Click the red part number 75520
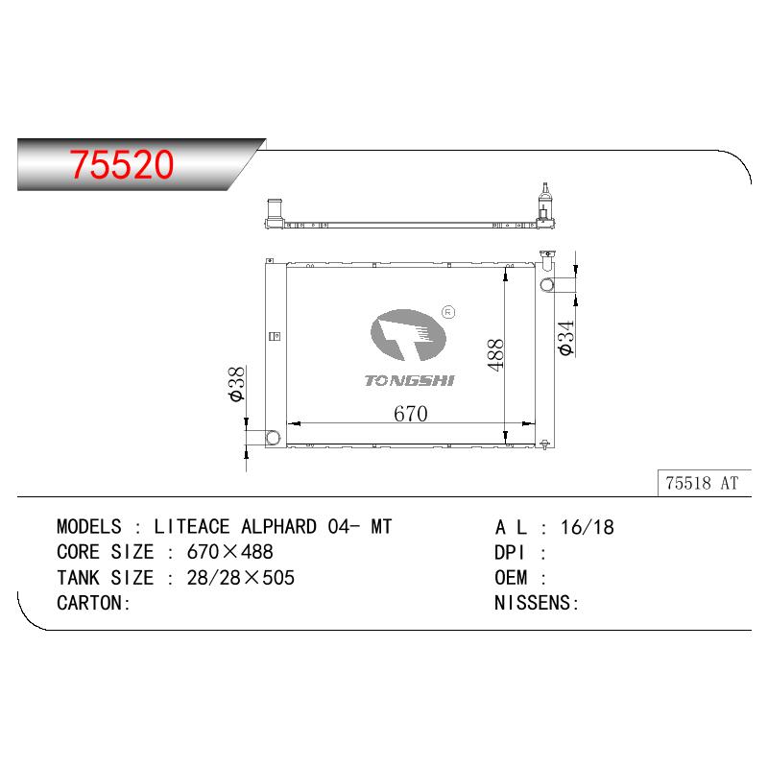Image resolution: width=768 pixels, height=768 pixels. tap(122, 164)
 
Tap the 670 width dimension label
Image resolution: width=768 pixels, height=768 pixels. tap(411, 414)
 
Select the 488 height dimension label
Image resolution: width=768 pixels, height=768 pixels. tap(495, 355)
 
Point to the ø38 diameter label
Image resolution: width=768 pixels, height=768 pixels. tap(237, 383)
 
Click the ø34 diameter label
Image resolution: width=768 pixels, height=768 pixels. tap(565, 338)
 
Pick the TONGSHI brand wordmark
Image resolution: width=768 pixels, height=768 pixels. tap(410, 380)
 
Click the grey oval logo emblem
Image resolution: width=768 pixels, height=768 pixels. tap(408, 335)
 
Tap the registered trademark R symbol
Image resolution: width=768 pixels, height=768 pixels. tap(448, 312)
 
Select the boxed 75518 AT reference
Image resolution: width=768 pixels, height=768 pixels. tap(702, 484)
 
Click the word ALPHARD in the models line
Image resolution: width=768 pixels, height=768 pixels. tap(278, 527)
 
